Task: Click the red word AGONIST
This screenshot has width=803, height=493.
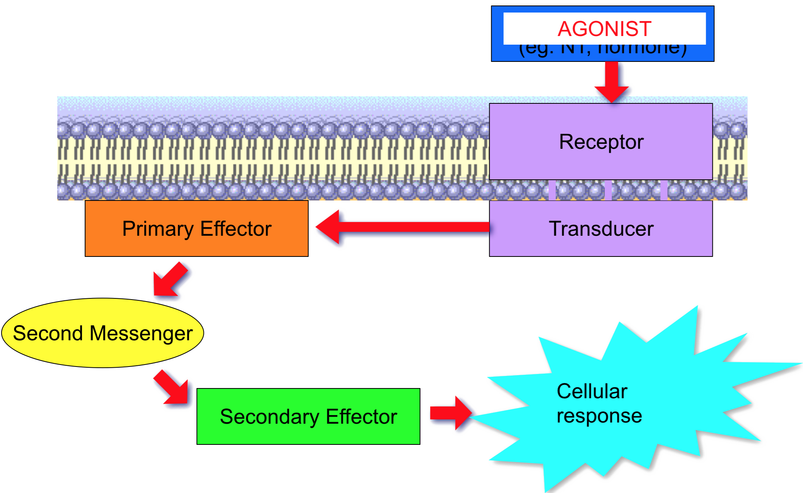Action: tap(604, 29)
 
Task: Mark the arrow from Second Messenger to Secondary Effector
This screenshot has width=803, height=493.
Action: tap(171, 387)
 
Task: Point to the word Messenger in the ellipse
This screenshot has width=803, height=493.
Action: tap(141, 334)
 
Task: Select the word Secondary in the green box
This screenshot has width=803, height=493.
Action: tap(269, 417)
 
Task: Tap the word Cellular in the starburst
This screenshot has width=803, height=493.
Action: tap(592, 391)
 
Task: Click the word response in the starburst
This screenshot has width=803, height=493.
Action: tap(599, 416)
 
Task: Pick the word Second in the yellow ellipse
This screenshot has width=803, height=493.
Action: tap(48, 333)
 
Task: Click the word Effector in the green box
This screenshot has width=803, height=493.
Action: tap(361, 417)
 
